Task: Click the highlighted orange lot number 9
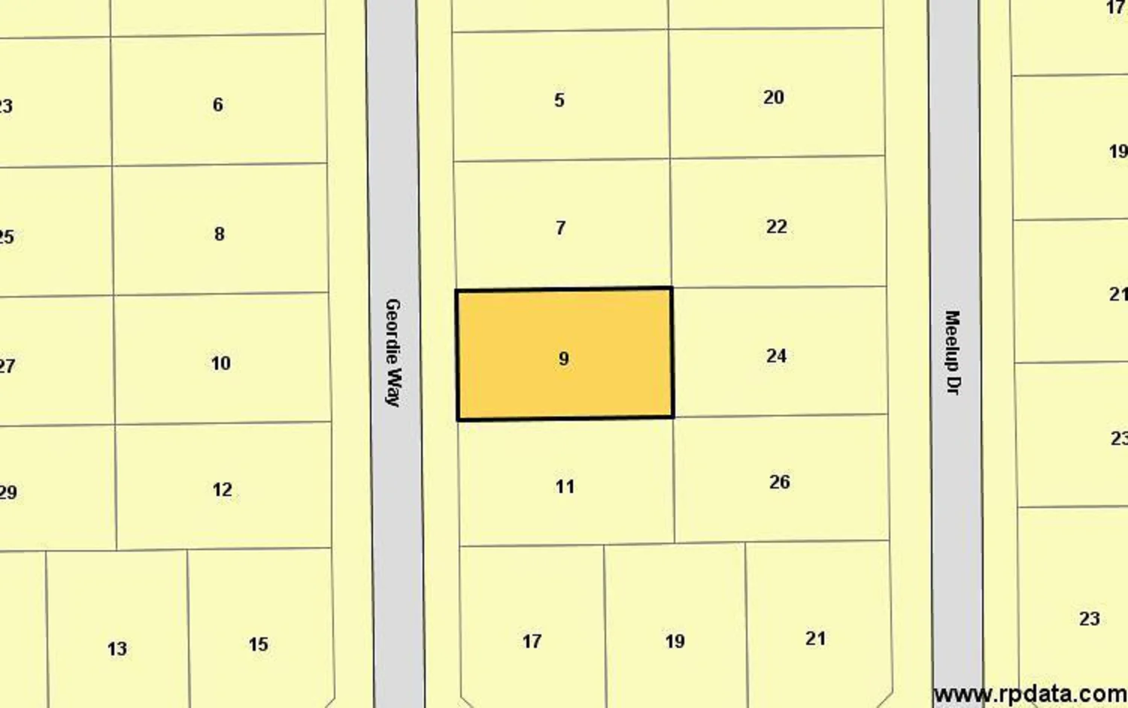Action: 564,359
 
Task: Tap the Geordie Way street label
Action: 393,352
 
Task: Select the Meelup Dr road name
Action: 953,352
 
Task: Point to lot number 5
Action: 559,100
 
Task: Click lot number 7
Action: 560,228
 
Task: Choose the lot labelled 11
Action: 565,486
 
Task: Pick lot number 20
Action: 773,97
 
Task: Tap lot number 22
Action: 776,226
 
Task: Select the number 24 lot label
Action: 776,356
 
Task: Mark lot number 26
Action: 779,482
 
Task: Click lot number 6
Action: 217,104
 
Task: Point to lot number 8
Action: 219,234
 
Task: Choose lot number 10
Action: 220,363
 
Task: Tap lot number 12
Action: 222,489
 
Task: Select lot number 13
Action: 117,649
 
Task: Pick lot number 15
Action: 258,644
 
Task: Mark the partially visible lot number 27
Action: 7,366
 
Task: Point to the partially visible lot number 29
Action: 8,492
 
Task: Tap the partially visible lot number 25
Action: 7,237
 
